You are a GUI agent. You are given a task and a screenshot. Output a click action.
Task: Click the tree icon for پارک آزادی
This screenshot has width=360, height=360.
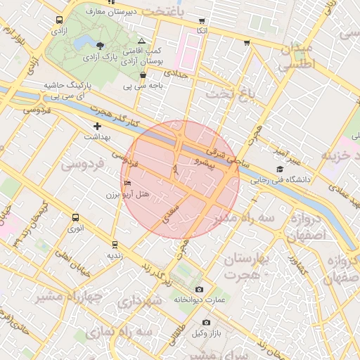pyautogui.click(x=101, y=45)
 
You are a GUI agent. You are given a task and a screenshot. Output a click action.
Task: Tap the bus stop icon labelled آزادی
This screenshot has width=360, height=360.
pyautogui.click(x=57, y=21)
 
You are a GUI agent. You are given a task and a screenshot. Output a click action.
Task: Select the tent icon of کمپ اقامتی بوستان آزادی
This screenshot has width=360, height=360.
pyautogui.click(x=142, y=41)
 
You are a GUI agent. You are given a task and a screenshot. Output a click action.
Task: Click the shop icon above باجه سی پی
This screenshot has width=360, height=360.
pyautogui.click(x=143, y=75)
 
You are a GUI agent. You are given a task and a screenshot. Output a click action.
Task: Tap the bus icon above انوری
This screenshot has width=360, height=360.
pyautogui.click(x=73, y=217)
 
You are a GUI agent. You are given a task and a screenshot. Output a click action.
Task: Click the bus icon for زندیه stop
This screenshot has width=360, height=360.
pyautogui.click(x=114, y=245)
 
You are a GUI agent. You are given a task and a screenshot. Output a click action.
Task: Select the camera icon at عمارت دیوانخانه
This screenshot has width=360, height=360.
pyautogui.click(x=199, y=290)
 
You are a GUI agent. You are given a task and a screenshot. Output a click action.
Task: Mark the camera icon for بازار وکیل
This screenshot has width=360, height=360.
pyautogui.click(x=206, y=323)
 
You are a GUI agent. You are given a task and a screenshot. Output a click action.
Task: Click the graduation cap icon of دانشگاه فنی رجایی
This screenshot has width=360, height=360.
pyautogui.click(x=280, y=169)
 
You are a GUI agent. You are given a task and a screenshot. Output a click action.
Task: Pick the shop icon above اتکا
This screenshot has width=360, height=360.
pyautogui.click(x=202, y=20)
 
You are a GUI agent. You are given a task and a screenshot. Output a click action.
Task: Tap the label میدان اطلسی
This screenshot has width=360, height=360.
pyautogui.click(x=297, y=57)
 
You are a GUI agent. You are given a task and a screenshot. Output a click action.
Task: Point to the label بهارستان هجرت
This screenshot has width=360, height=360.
pyautogui.click(x=246, y=266)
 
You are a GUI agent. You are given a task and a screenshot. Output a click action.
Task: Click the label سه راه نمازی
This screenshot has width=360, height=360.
pyautogui.click(x=146, y=330)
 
